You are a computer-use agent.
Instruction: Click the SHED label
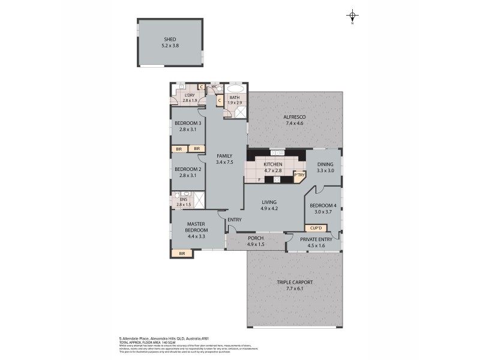(x=170, y=39)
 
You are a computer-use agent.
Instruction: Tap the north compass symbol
(x=353, y=16)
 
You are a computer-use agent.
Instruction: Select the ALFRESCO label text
(x=295, y=116)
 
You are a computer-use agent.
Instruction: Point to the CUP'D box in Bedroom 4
(x=315, y=228)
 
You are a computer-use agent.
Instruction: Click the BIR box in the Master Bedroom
(x=182, y=254)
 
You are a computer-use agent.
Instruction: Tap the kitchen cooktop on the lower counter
(x=277, y=179)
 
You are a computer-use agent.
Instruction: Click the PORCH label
(x=256, y=238)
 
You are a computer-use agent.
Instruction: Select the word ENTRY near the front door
(x=235, y=220)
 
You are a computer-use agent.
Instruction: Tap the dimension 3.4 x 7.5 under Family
(x=224, y=162)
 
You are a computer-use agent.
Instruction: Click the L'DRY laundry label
(x=190, y=95)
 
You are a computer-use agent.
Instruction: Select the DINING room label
(x=325, y=164)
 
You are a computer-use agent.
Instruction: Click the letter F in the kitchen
(x=259, y=179)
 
